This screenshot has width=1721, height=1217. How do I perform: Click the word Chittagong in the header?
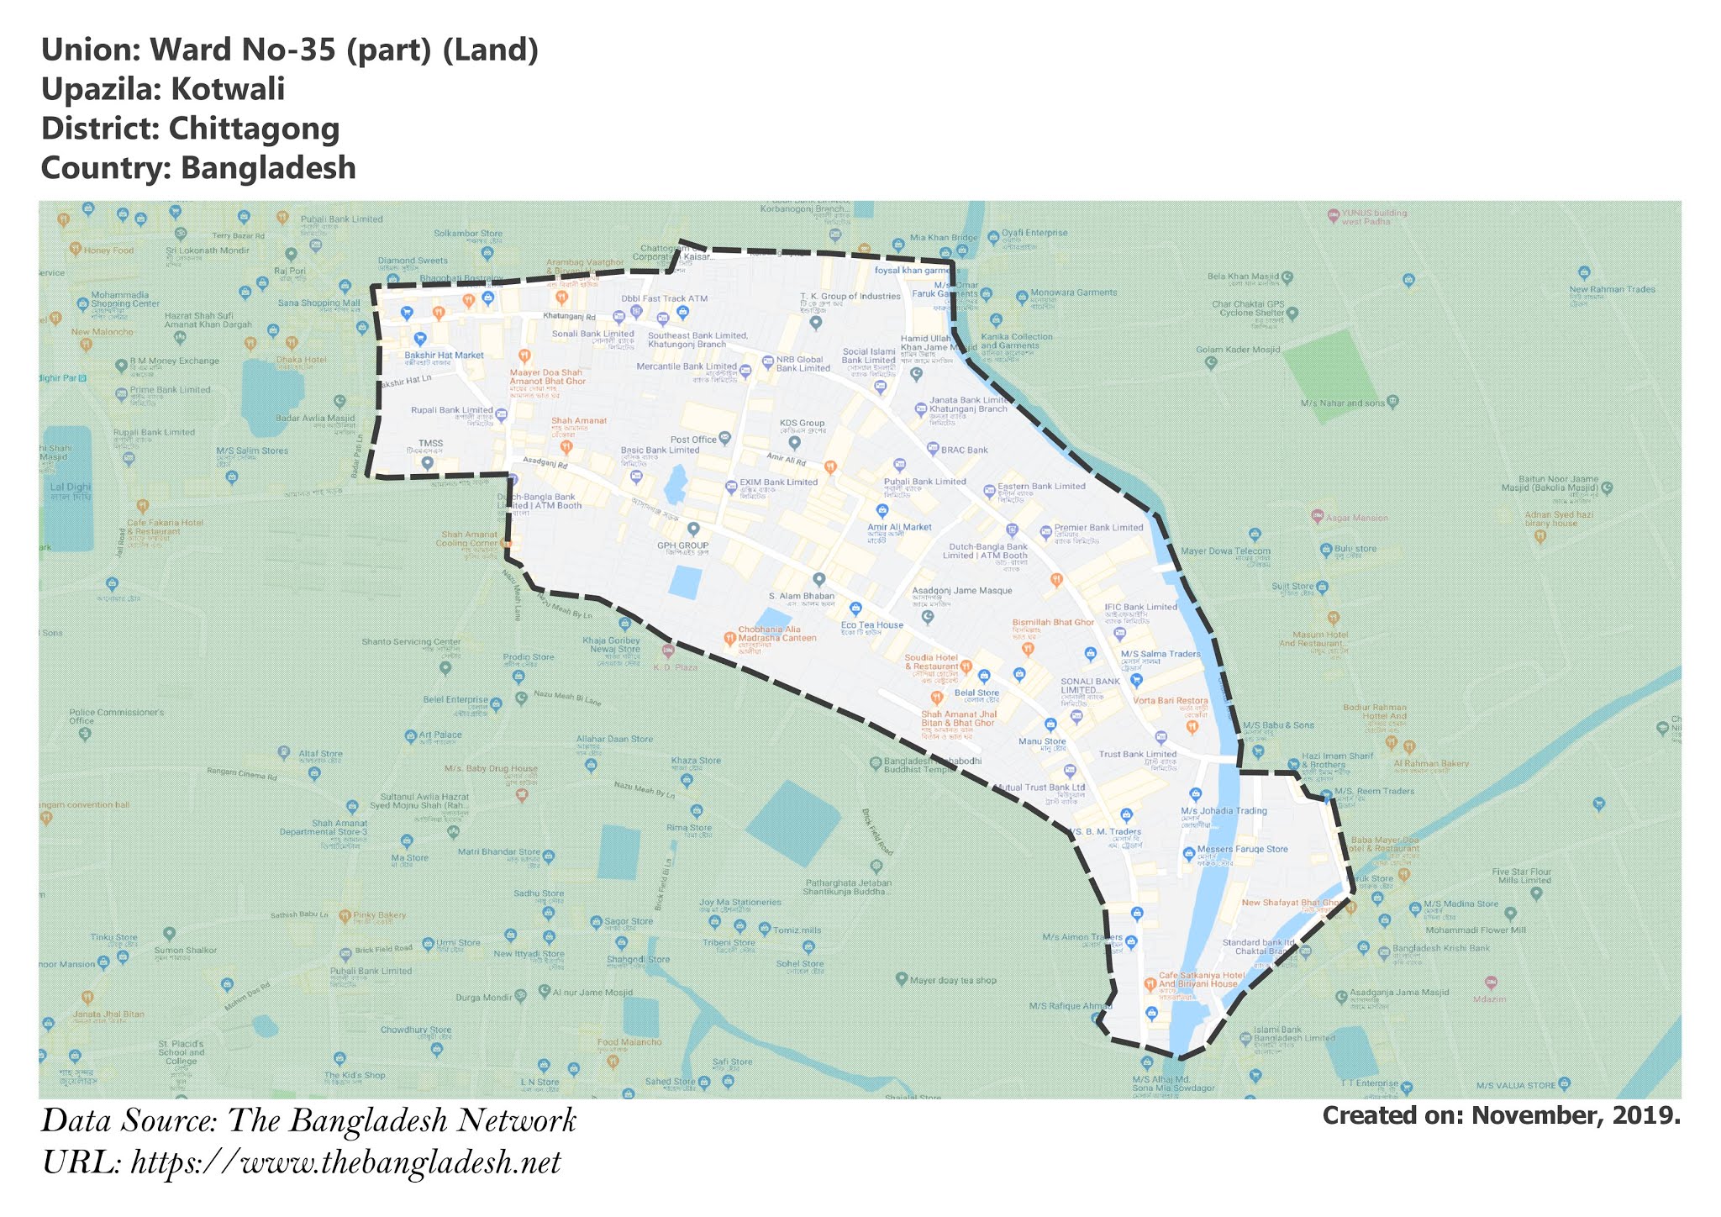coord(254,129)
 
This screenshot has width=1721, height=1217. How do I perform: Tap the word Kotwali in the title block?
coord(228,89)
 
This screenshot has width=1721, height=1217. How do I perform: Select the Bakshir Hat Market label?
coord(444,356)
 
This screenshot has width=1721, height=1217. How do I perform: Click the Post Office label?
coord(693,440)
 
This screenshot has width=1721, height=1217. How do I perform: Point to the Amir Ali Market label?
coord(899,527)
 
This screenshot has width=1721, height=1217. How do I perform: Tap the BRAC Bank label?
coord(964,450)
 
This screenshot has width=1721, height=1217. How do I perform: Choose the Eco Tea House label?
coord(871,624)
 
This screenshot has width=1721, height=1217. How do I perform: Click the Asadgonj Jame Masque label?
coord(961,591)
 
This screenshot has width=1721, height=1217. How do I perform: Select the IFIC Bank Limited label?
coord(1140,607)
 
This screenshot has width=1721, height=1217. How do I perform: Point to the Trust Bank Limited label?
coord(1137,755)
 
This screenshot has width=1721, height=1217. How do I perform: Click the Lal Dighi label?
coord(70,487)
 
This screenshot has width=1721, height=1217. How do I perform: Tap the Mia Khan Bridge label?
coord(944,238)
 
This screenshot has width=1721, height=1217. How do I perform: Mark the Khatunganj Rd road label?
coord(569,317)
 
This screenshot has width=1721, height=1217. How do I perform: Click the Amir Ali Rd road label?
coord(786,459)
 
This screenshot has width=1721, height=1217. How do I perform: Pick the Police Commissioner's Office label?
coord(116,716)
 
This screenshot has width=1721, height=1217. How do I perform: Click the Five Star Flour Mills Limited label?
coord(1521,876)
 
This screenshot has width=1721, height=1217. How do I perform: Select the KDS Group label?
coord(802,424)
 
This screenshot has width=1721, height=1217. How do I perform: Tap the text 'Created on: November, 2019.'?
coord(1501,1115)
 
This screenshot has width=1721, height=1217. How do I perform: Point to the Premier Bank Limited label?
coord(1097,528)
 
